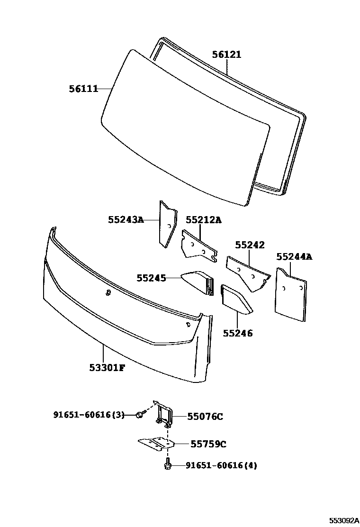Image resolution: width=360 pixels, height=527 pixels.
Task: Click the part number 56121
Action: point(226,55)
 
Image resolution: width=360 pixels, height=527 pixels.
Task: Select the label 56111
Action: point(83,89)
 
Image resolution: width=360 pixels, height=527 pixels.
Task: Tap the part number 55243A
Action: point(126,220)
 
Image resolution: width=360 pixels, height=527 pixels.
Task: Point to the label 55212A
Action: point(203,220)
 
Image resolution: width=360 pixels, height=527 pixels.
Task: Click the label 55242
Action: point(250,245)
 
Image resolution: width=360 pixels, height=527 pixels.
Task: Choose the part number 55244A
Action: point(294,257)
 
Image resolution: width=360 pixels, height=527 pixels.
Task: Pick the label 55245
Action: point(151,278)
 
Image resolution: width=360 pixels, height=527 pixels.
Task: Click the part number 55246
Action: point(238,333)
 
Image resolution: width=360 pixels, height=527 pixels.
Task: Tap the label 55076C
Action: point(205,417)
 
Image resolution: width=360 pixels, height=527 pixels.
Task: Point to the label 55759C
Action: point(208,444)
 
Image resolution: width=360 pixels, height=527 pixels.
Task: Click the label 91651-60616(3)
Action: point(89,415)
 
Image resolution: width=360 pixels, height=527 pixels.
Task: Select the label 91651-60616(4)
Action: point(221,466)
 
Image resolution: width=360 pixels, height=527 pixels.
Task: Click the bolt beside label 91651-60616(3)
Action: point(139,415)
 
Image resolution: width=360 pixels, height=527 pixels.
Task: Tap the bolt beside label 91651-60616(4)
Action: point(168,466)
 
